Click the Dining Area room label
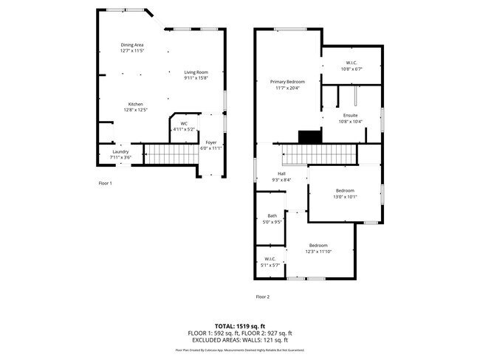click(132, 48)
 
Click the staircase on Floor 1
click(168, 155)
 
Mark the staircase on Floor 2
click(319, 155)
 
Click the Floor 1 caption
click(105, 182)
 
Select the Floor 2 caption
click(263, 297)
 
